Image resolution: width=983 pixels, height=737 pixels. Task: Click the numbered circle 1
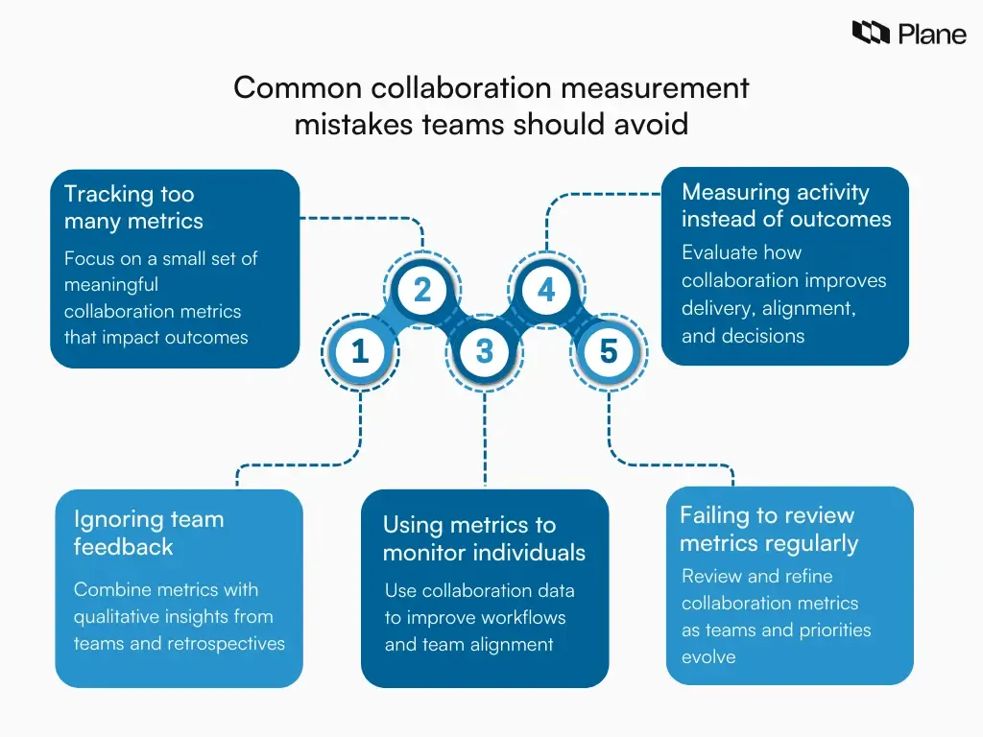[360, 352]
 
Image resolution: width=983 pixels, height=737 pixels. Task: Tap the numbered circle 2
[422, 290]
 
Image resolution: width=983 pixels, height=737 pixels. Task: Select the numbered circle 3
[485, 352]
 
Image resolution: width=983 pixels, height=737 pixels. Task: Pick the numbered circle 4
[547, 290]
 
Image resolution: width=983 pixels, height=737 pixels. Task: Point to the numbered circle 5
[609, 352]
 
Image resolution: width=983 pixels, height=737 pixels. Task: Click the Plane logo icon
[871, 34]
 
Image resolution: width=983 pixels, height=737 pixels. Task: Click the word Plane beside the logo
[932, 34]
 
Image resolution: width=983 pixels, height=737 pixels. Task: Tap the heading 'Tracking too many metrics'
[133, 207]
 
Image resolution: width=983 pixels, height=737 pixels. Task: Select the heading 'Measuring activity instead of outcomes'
[785, 205]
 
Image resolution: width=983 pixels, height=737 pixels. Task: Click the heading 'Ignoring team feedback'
[148, 533]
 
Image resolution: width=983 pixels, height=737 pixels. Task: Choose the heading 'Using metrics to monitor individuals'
[483, 538]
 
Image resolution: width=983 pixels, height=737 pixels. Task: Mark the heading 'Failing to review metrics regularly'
[768, 529]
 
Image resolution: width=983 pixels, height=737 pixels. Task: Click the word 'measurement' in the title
[654, 88]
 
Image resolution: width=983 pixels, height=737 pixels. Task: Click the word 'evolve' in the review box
[708, 657]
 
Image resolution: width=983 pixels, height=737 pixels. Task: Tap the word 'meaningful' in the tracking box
[111, 285]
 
